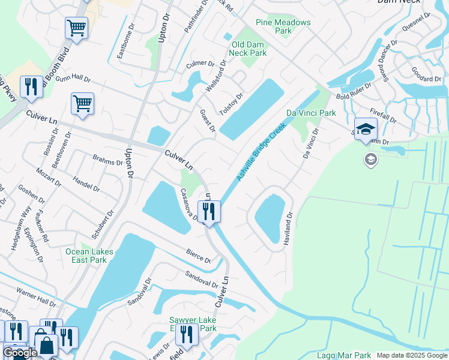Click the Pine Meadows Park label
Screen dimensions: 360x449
[x=283, y=26]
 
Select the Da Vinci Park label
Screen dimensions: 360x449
[x=311, y=113]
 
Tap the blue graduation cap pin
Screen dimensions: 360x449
[x=365, y=129]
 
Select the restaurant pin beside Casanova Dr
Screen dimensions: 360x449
[x=209, y=212]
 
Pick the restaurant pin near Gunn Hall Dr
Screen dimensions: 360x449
[x=30, y=86]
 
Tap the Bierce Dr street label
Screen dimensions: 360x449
[x=199, y=257]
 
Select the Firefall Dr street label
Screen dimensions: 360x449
[x=384, y=116]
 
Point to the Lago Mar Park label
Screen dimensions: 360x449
[x=344, y=356]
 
